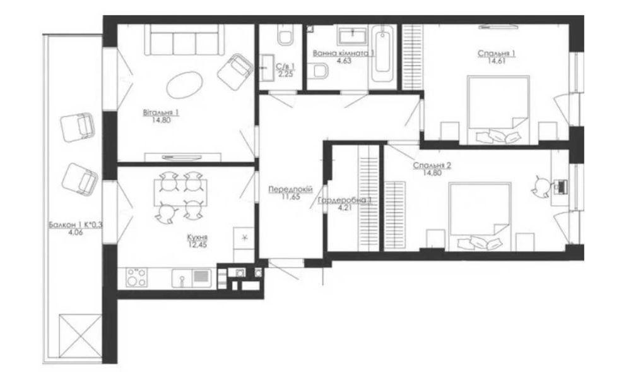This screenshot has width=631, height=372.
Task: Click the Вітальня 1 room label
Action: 161,112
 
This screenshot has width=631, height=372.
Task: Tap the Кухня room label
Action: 197,237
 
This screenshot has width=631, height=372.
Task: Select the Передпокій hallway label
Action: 290,189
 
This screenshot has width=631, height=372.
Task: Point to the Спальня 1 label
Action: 497,54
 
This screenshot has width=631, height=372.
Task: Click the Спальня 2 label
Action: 432,165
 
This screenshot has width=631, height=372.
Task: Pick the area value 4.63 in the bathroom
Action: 344,61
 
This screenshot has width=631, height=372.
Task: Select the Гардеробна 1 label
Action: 345,201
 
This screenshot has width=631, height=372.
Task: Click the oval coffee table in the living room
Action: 184,85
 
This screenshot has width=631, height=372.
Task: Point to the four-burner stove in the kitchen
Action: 136,277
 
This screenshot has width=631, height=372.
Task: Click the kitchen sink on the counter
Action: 192,278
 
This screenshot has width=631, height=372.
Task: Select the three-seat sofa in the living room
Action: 184,40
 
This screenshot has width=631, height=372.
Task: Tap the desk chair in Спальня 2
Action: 541,186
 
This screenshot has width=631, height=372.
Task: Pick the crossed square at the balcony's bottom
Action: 81,335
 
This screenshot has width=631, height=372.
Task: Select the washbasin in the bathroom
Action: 353,35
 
